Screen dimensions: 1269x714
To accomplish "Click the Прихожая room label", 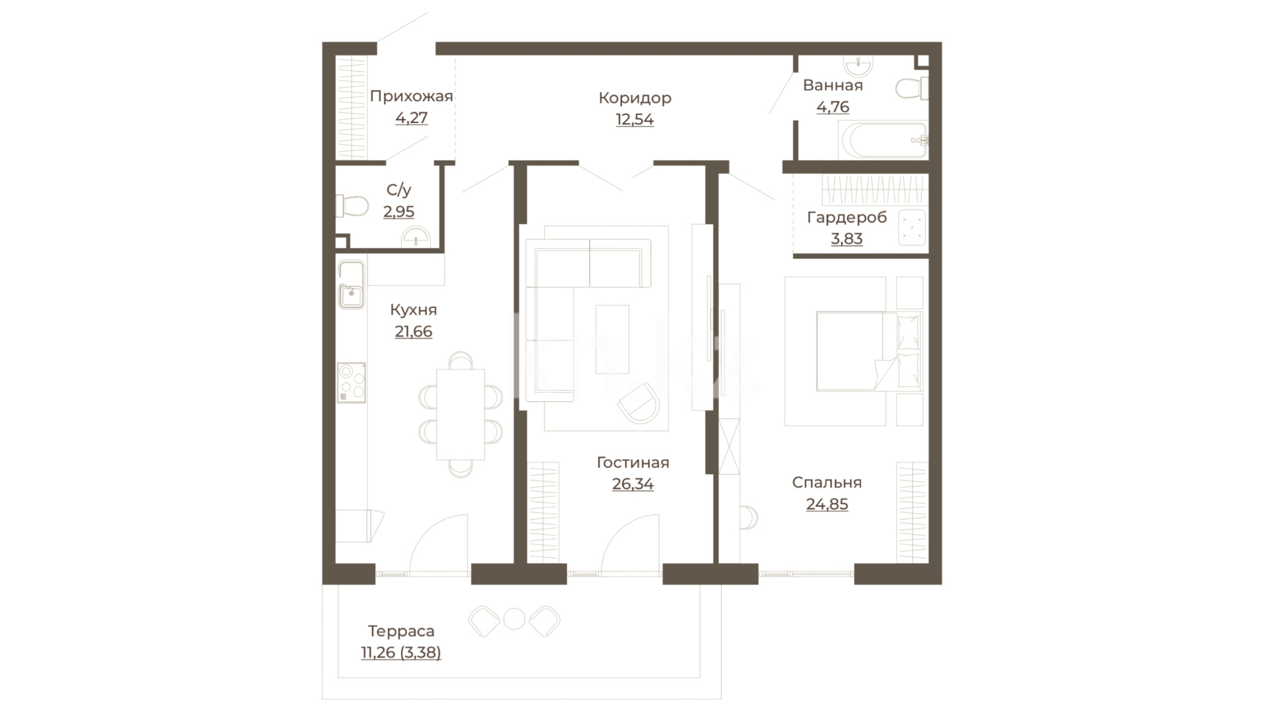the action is (411, 97).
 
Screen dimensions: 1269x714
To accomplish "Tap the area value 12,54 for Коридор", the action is (634, 120).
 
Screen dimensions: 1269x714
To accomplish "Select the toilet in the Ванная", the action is (912, 89).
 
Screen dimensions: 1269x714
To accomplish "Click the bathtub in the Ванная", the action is (883, 140).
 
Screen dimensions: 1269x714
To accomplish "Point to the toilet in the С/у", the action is (352, 206).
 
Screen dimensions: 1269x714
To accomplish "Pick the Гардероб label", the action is (847, 217).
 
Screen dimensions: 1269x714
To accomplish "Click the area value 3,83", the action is (847, 239).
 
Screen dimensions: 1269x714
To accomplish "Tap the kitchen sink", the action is (351, 285).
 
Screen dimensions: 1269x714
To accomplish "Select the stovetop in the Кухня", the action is (352, 382).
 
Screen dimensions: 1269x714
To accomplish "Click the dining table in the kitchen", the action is (461, 414).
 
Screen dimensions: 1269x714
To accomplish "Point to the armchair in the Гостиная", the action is (639, 403).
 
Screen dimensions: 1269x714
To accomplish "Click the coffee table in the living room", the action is (612, 339).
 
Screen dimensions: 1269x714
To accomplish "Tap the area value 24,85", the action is (827, 504).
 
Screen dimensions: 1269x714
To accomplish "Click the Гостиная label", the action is (633, 463).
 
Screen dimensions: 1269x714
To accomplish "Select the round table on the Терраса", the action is (514, 619).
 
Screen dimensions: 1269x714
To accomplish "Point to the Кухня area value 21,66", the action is (414, 332).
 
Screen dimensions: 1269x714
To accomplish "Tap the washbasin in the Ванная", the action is (859, 65).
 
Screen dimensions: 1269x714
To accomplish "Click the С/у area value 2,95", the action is (399, 212).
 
